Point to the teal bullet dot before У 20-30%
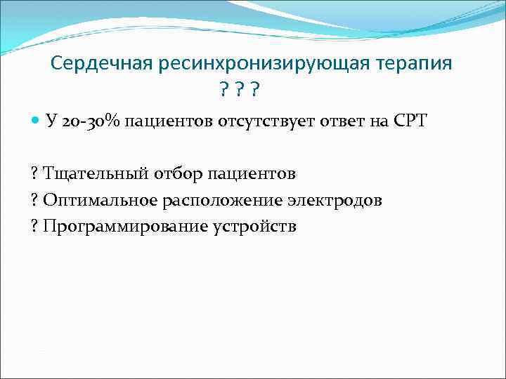click(34, 121)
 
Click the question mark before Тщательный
click(35, 173)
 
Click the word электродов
click(335, 200)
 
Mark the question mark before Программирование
click(35, 227)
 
